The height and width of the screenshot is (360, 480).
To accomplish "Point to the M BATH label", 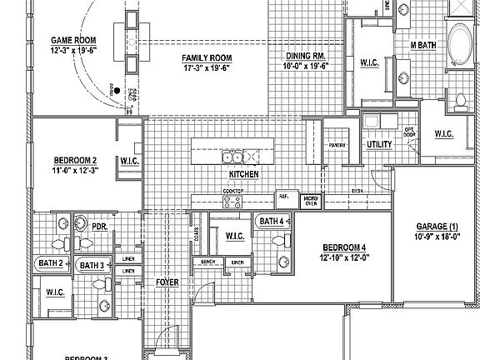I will pos(423,44).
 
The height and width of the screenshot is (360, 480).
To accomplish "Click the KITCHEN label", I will pos(244,174).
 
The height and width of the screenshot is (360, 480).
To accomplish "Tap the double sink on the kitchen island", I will pos(232,157).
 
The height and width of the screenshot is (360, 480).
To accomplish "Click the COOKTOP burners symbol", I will pos(232,201).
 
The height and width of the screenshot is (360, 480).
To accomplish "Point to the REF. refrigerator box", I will pos(283,198).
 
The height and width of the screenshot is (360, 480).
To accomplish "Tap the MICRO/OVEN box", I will pos(311,201).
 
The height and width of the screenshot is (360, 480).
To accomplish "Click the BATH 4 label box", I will pos(272,221).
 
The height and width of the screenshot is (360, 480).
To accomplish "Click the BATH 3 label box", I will pos(91,265).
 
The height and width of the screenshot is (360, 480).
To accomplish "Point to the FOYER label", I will pos(167,282).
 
